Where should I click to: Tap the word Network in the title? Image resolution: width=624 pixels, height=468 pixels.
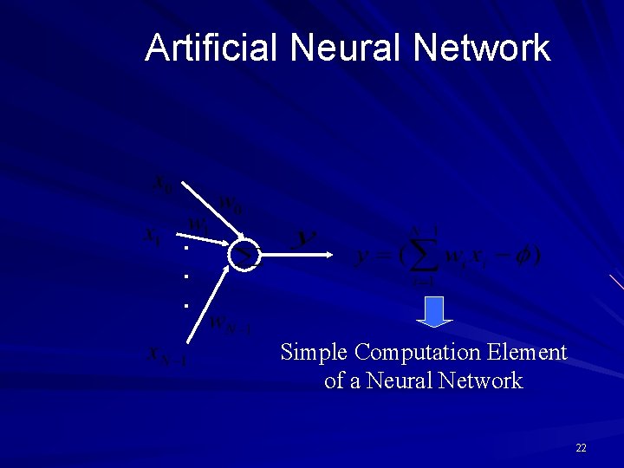point(482,48)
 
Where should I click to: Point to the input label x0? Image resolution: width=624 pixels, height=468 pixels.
point(162,183)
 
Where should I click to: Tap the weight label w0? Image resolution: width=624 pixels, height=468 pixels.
point(231,205)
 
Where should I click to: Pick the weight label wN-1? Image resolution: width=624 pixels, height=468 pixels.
point(230,325)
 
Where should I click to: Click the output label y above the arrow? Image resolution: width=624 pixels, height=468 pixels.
point(306,236)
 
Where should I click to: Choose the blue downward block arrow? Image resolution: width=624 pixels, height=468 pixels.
point(435,311)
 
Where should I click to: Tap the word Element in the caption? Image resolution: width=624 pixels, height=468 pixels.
point(527,353)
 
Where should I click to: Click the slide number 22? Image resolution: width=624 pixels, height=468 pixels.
point(581,447)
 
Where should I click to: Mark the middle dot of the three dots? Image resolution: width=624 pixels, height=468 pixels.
point(185,276)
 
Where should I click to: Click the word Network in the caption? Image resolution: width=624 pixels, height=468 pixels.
point(481,380)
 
